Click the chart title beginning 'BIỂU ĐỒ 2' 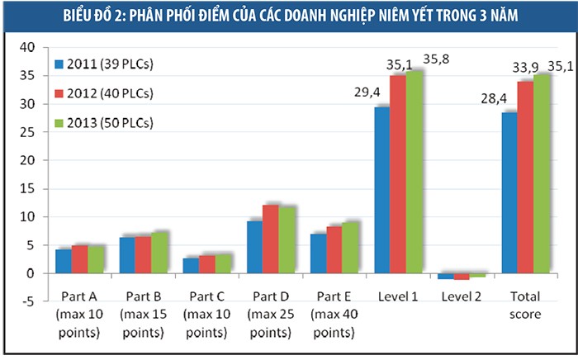pos(289,15)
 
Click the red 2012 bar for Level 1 pos(398,174)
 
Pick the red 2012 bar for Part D pos(270,239)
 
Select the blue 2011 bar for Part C pos(190,265)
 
